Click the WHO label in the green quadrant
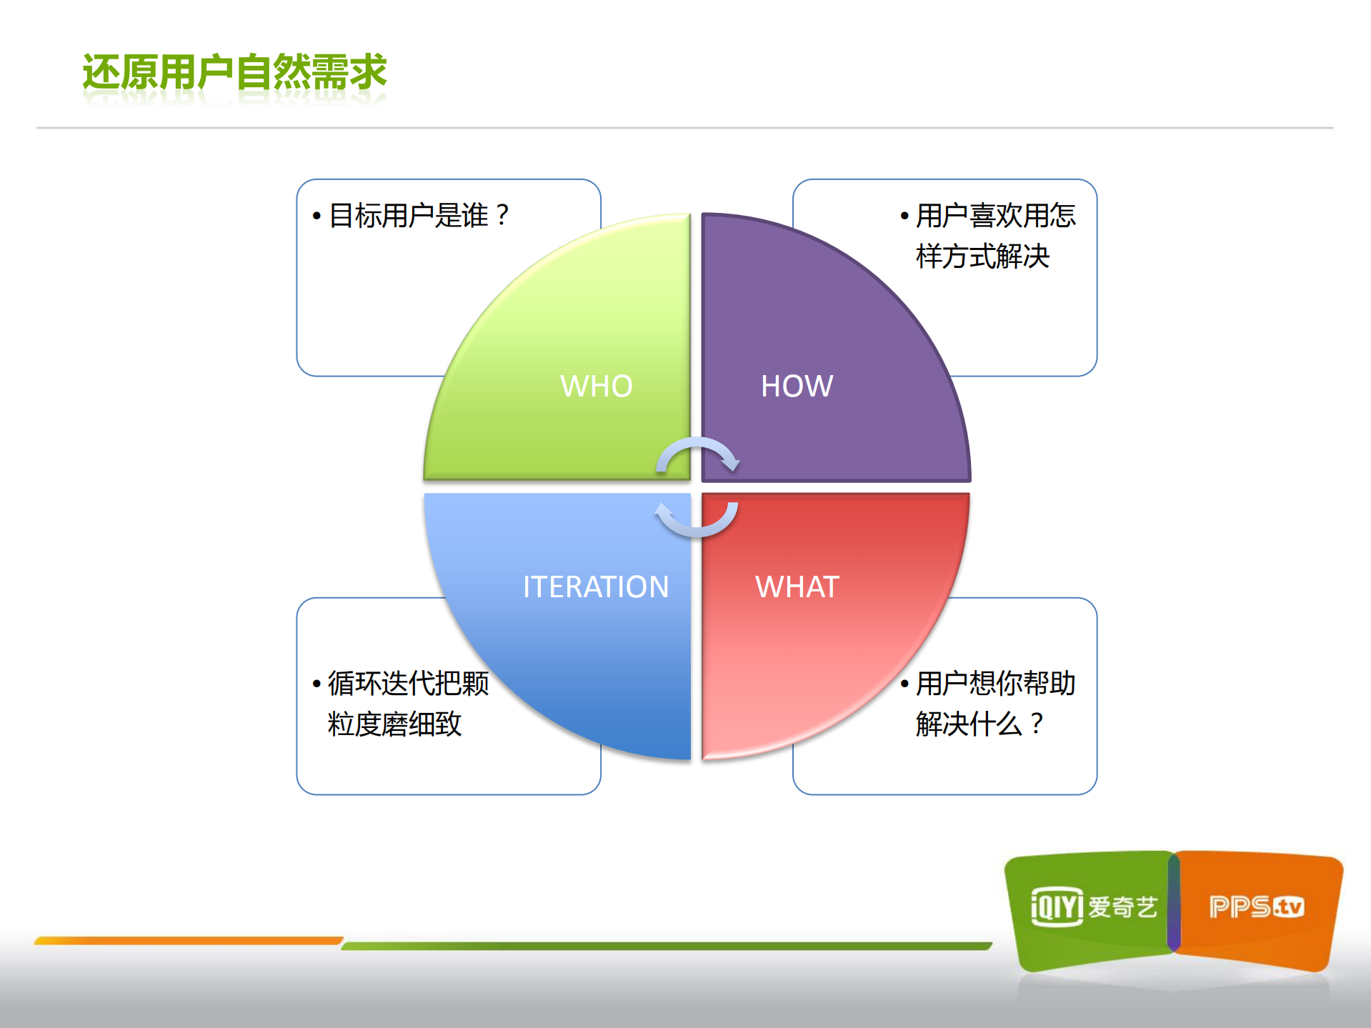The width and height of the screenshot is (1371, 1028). [x=596, y=386]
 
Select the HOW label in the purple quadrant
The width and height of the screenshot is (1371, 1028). [x=797, y=386]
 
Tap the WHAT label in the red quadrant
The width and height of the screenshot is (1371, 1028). [x=797, y=587]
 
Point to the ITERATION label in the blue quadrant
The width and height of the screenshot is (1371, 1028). [x=595, y=587]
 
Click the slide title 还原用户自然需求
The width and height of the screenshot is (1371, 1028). [x=234, y=72]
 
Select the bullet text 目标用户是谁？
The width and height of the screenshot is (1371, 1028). [x=420, y=215]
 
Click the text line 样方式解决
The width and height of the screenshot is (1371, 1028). [x=982, y=256]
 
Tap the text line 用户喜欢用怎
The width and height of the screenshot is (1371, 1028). [x=995, y=215]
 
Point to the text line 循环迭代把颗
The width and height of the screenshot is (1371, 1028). [x=408, y=683]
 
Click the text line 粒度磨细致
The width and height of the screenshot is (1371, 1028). [x=394, y=724]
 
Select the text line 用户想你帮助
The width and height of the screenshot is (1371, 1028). [x=995, y=683]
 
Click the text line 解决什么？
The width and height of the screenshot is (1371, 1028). [x=980, y=724]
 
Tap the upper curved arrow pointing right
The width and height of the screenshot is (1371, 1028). [x=697, y=453]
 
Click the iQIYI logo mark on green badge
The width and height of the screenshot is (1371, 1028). [x=1057, y=907]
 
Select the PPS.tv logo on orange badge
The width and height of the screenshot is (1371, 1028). [x=1257, y=907]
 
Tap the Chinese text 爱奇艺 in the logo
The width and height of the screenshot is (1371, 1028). [x=1122, y=907]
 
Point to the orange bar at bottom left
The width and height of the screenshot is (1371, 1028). [x=189, y=941]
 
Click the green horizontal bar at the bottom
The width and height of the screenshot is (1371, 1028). [x=666, y=946]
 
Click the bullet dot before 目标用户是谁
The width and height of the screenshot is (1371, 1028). [x=316, y=216]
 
